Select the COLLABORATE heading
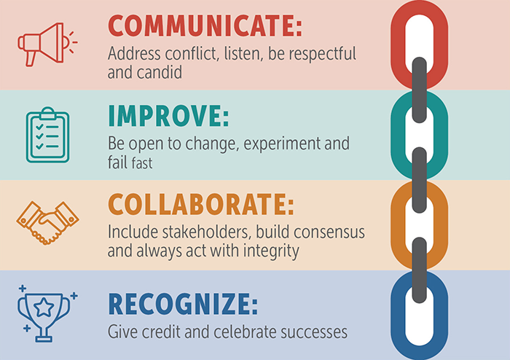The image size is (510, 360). [200, 205]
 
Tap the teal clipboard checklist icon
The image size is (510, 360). [46, 136]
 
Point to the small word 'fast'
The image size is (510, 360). [142, 163]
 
